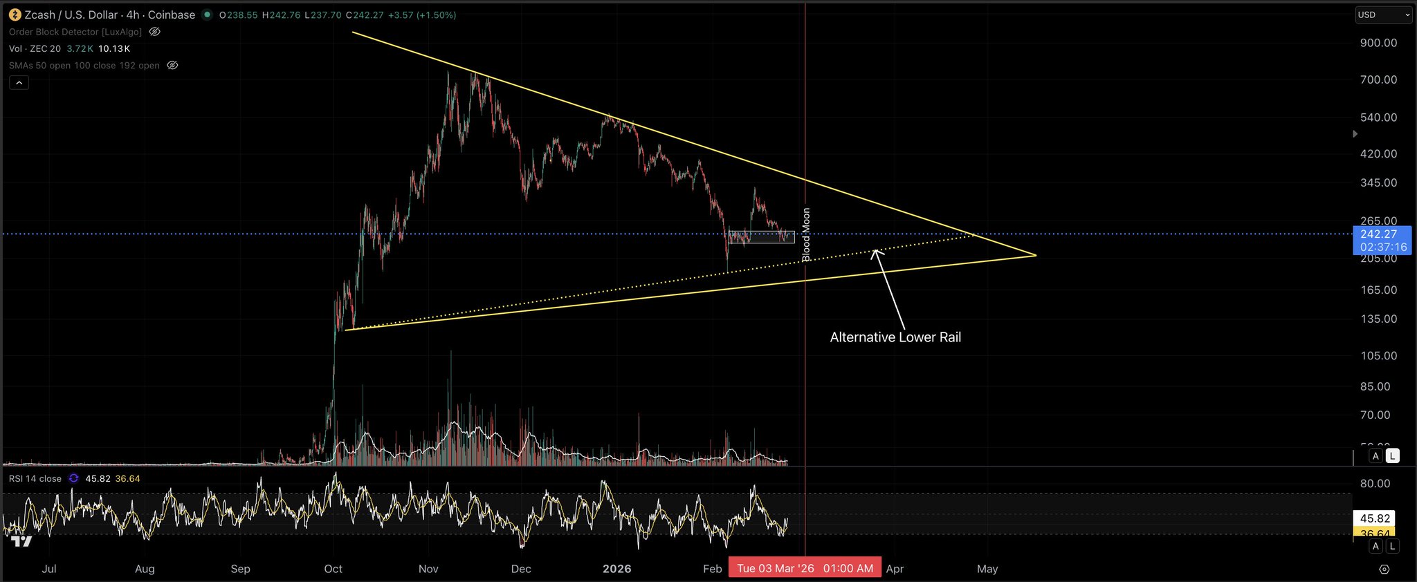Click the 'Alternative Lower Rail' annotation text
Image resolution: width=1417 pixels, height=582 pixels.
(895, 337)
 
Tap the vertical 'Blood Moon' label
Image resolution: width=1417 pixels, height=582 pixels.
(806, 235)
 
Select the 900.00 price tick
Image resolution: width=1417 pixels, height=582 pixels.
(1378, 43)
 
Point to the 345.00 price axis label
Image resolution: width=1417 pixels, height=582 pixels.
(1378, 183)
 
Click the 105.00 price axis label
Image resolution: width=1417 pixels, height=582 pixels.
(1378, 356)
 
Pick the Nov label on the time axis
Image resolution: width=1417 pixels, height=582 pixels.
(428, 569)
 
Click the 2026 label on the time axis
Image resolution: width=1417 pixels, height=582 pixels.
(616, 569)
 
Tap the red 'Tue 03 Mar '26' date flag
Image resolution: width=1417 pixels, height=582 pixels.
(805, 568)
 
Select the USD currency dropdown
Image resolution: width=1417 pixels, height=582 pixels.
(1382, 15)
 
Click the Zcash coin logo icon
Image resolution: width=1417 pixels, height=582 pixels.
(15, 15)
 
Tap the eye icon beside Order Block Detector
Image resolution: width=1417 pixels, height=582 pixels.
(155, 32)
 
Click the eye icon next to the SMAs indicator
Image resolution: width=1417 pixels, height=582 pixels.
(173, 65)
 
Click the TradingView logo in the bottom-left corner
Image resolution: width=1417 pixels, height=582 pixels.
(22, 541)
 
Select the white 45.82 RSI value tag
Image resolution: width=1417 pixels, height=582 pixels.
(1374, 518)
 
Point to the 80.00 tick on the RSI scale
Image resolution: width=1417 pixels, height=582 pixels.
(1375, 484)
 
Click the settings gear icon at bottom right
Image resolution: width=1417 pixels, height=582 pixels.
(1384, 570)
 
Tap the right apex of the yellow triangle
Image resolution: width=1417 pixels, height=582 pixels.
(1036, 256)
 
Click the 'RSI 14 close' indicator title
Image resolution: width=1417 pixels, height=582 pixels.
(35, 478)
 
